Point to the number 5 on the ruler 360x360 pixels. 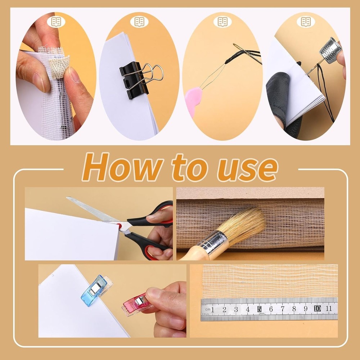tap(259, 309)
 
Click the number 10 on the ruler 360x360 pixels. tap(317, 309)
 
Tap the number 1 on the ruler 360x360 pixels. tap(213, 309)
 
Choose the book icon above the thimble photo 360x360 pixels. tap(306, 22)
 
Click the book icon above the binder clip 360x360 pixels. tap(139, 22)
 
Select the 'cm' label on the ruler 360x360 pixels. tap(207, 309)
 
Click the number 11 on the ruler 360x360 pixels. tap(328, 309)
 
